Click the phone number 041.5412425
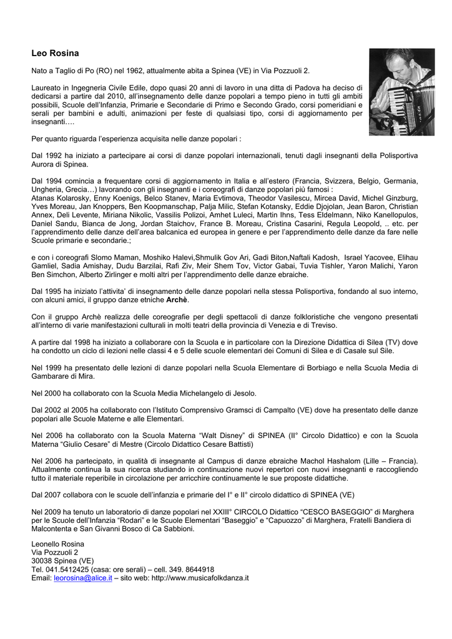pos(67,570)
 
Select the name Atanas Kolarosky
pos(59,198)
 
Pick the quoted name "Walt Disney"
pos(199,435)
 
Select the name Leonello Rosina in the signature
pos(58,544)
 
